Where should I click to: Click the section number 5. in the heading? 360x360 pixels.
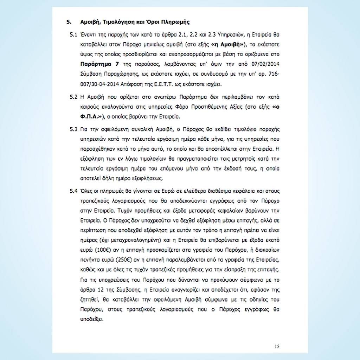point(69,22)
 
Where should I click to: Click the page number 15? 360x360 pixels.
point(277,347)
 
